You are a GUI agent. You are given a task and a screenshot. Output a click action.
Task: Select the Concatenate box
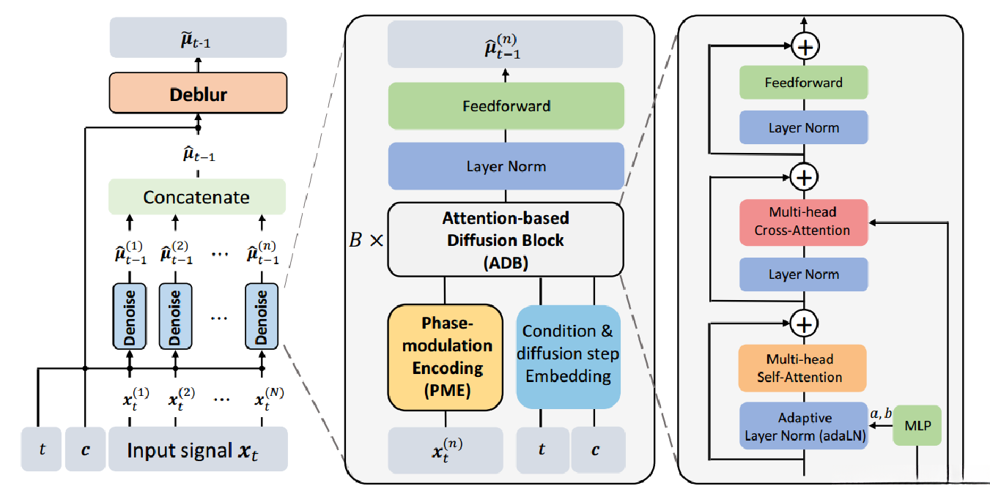point(196,197)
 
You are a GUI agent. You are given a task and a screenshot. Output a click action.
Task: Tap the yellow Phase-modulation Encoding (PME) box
point(445,356)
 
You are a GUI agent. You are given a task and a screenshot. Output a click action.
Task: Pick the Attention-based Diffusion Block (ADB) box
point(505,239)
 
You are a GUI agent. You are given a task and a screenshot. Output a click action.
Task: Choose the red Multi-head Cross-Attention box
point(803,221)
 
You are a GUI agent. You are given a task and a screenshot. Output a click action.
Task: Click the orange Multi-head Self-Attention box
point(803,368)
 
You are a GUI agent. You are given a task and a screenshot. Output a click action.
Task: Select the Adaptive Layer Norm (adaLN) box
point(803,425)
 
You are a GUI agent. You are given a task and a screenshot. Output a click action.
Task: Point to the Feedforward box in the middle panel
point(506,106)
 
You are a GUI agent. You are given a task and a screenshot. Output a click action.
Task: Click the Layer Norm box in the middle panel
point(506,166)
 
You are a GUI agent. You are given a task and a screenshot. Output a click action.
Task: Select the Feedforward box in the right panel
point(803,83)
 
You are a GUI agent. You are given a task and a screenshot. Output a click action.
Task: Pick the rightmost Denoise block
point(262,315)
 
